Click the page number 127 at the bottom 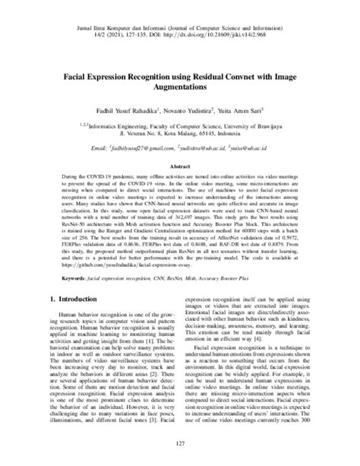(x=180, y=445)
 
